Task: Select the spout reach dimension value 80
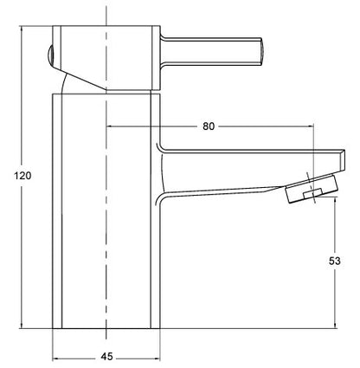pos(208,126)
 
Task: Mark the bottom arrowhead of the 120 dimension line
pos(22,326)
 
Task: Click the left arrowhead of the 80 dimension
pos(109,126)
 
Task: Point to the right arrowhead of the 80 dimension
pos(308,126)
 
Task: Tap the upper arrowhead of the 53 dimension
pos(336,200)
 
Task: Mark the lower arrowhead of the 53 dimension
pos(336,326)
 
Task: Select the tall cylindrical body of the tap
pos(106,216)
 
